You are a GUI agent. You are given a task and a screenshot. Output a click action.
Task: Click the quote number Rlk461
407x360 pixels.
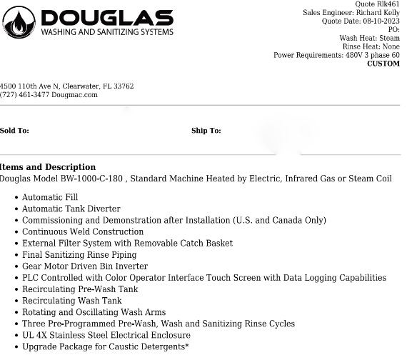point(388,4)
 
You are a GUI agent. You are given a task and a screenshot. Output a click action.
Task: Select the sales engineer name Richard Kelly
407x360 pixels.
point(378,13)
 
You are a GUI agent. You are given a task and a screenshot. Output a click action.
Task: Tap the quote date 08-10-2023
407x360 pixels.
point(381,21)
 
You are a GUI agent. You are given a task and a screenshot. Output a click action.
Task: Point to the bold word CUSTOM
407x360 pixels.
point(383,64)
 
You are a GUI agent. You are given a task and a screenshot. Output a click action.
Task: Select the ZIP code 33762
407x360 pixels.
point(121,86)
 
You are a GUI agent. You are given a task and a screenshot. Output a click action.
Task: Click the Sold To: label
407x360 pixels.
point(14,131)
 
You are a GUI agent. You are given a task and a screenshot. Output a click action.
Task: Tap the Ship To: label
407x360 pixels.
point(206,131)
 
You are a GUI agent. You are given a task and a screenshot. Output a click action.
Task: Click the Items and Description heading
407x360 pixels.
point(48,167)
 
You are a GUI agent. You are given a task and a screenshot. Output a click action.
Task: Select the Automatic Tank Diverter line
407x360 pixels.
point(71,209)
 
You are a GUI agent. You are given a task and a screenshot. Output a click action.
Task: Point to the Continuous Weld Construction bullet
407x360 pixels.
point(83,231)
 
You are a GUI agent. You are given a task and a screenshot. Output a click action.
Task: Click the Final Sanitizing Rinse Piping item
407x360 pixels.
point(79,254)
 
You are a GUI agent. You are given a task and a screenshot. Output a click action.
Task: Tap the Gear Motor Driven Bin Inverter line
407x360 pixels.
point(85,266)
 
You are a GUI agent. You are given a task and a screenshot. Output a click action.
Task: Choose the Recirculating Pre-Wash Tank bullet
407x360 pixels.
point(80,289)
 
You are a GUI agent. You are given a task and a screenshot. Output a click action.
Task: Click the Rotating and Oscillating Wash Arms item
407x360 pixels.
point(94,312)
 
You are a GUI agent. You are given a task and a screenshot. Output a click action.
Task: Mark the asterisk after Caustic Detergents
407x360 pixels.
point(187,346)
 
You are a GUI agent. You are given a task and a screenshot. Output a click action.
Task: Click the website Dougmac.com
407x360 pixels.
point(74,95)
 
